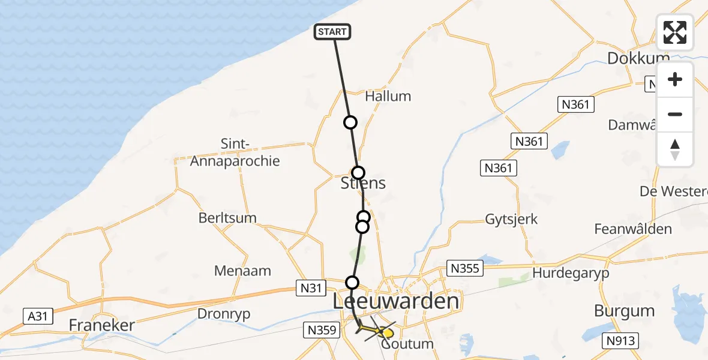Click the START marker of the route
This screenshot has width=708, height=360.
click(x=332, y=32)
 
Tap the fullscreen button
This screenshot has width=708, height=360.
click(x=675, y=32)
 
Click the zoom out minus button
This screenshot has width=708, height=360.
click(x=675, y=115)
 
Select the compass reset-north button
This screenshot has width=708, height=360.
click(x=675, y=149)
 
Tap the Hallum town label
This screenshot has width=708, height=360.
click(x=388, y=96)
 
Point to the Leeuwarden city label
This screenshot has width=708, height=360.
click(x=396, y=301)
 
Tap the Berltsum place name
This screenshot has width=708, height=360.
click(x=227, y=218)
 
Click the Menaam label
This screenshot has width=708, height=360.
click(x=242, y=271)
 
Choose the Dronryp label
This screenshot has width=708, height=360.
click(x=224, y=313)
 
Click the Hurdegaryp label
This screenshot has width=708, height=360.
click(x=571, y=273)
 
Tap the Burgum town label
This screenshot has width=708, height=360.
click(x=623, y=311)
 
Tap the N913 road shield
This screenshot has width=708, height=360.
click(x=620, y=341)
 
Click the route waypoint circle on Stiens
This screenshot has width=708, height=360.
click(x=358, y=173)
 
